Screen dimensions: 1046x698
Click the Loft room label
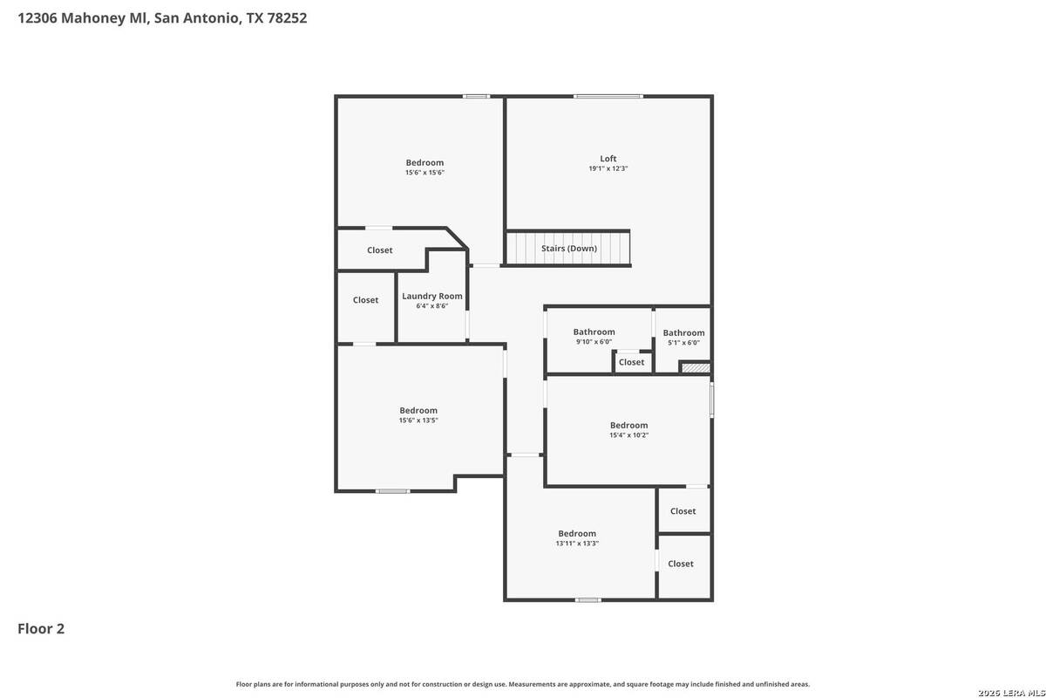(x=608, y=159)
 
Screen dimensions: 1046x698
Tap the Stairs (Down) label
(x=569, y=249)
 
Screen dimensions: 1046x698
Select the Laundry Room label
(x=432, y=297)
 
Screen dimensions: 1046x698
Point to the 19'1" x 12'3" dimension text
(x=608, y=168)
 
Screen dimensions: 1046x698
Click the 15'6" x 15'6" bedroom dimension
(x=425, y=173)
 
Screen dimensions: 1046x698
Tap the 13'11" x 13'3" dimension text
(x=577, y=544)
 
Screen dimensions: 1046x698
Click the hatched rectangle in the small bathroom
(x=696, y=368)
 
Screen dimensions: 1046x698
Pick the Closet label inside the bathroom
(x=631, y=362)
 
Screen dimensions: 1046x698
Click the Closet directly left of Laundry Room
(x=365, y=300)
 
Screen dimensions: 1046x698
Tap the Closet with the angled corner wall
(x=380, y=250)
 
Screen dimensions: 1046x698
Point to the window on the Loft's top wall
(x=608, y=96)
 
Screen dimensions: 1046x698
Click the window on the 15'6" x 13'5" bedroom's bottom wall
(x=393, y=491)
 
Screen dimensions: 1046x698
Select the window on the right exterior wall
(x=711, y=400)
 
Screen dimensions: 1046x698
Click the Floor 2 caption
(x=41, y=629)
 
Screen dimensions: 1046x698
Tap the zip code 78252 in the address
(x=287, y=18)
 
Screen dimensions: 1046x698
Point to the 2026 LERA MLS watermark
(x=1011, y=693)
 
